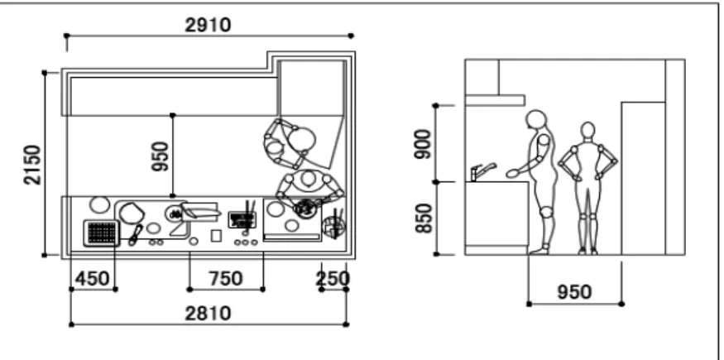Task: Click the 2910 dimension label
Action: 208,25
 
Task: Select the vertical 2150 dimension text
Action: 33,165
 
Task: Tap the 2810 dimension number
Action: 208,314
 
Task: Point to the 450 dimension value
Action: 93,279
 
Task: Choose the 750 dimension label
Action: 225,279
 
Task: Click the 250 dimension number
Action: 333,279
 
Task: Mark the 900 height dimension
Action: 422,144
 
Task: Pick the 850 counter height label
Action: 423,218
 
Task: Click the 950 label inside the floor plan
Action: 161,156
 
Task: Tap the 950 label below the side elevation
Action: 574,292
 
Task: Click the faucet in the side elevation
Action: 482,171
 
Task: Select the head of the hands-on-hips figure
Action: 587,131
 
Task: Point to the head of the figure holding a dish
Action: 536,119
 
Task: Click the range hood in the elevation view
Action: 495,100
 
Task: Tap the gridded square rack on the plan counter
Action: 102,233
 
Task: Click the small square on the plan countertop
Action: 216,235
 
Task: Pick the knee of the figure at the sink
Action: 546,213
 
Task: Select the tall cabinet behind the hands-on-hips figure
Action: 643,178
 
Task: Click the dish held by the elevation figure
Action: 512,174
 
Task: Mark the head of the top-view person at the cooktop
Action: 307,178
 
